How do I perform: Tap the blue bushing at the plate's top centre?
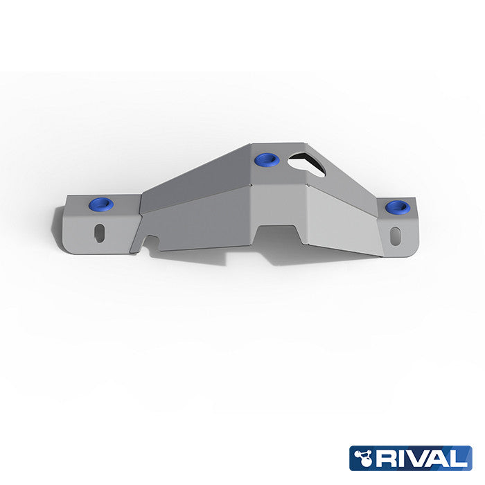(x=267, y=161)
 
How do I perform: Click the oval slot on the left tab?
(x=101, y=232)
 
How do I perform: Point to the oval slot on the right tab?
(x=396, y=233)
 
